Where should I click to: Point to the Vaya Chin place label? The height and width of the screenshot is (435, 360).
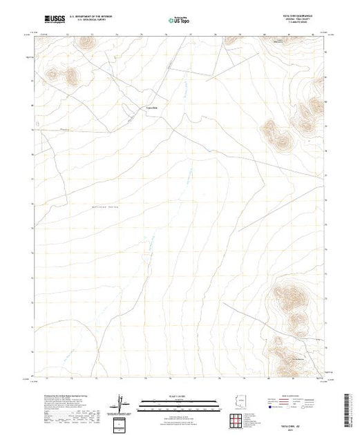tap(151, 108)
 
